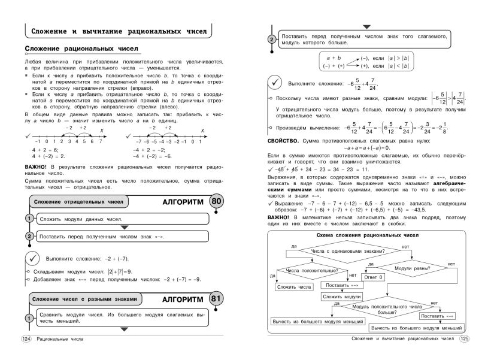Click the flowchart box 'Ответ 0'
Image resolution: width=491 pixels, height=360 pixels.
[374, 278]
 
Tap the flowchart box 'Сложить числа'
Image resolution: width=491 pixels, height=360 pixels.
[294, 287]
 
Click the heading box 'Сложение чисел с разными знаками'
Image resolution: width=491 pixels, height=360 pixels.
[85, 299]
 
